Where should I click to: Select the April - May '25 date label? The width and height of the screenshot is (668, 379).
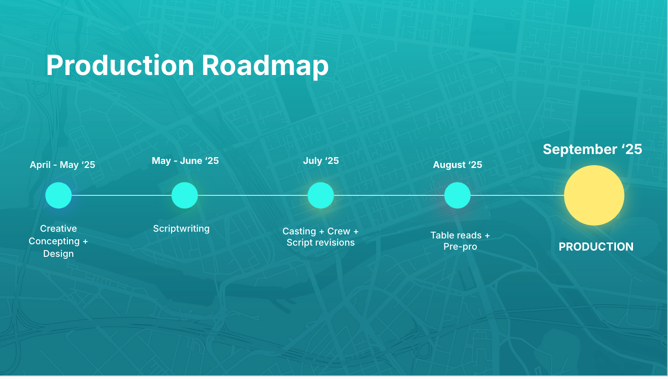click(x=62, y=165)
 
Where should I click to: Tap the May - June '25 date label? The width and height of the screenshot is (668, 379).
click(x=185, y=161)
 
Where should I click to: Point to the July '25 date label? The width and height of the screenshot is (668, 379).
click(x=321, y=161)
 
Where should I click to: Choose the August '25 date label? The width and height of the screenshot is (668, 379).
click(x=457, y=165)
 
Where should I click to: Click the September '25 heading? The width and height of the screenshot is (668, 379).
click(x=592, y=149)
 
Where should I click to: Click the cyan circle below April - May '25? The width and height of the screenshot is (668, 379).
click(x=58, y=195)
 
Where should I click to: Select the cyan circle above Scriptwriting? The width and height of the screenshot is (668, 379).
click(x=185, y=195)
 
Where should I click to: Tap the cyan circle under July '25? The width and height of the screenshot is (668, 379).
click(x=321, y=195)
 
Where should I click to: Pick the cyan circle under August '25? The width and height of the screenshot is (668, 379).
click(x=457, y=195)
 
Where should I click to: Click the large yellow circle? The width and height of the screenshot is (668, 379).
click(x=594, y=195)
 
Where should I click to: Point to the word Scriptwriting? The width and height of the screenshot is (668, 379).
click(x=181, y=229)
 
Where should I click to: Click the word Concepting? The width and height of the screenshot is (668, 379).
click(x=54, y=241)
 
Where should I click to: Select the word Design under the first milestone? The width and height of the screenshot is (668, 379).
click(x=58, y=254)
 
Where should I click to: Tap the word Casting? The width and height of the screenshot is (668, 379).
click(x=299, y=231)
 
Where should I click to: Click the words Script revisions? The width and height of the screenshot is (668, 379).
click(x=321, y=242)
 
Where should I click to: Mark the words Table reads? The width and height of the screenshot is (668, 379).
click(x=456, y=235)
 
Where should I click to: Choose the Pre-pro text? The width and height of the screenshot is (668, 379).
click(x=460, y=247)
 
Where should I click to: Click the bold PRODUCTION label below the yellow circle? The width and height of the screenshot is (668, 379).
click(x=596, y=247)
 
